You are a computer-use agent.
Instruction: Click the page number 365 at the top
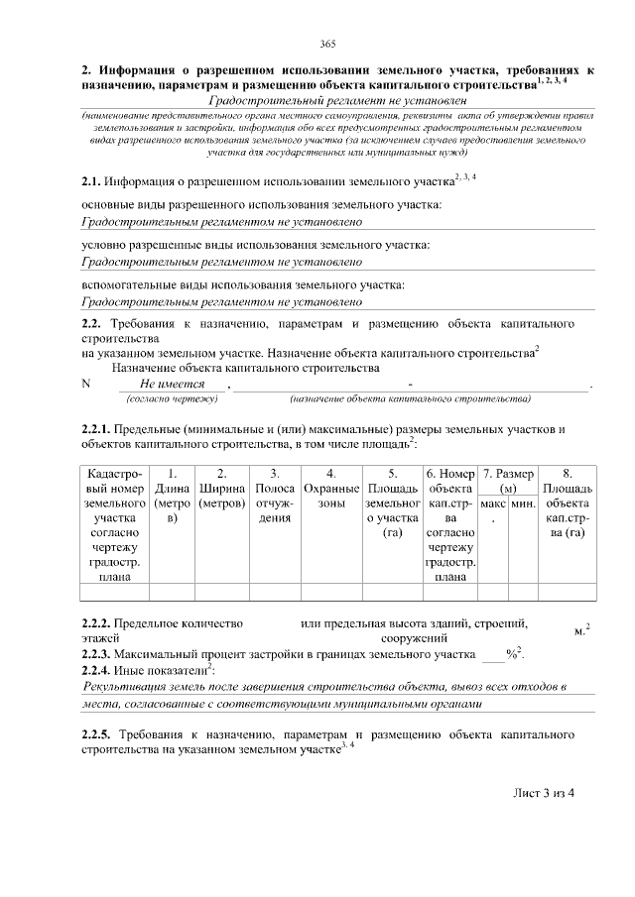pos(328,43)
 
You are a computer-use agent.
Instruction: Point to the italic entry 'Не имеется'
pos(172,384)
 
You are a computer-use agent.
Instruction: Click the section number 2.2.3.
pos(96,655)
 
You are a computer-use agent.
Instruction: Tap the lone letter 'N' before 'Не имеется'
pos(86,385)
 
